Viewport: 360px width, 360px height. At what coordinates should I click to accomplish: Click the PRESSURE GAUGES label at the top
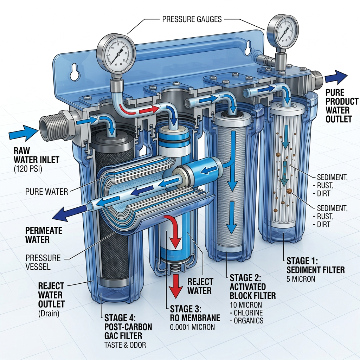192,19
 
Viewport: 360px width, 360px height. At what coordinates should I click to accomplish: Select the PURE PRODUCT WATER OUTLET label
339,105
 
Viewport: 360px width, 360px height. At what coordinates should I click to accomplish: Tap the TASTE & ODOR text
125,345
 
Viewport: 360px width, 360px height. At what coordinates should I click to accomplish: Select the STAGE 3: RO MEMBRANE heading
195,313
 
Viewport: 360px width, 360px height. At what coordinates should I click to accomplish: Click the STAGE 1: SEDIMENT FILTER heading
315,265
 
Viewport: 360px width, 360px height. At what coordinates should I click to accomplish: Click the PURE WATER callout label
46,192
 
